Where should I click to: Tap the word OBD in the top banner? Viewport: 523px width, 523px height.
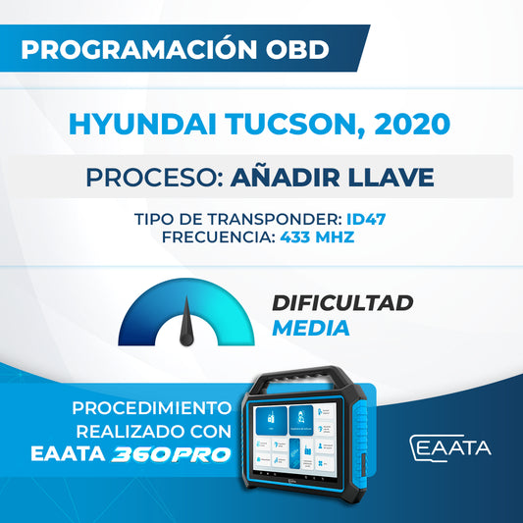point(298,50)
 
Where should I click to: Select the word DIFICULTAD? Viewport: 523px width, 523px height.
point(342,303)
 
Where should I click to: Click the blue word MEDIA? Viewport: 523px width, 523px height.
point(310,329)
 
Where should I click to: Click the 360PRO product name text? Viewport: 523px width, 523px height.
point(183,453)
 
